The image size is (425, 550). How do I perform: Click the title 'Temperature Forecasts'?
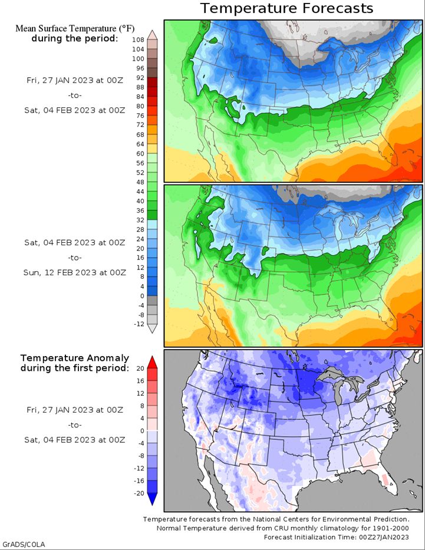pos(286,8)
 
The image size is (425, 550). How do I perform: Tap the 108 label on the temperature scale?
pos(138,40)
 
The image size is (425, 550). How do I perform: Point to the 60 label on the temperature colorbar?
pos(140,154)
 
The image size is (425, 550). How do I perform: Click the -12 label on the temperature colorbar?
pos(139,324)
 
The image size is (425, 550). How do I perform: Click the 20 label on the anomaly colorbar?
pos(140,368)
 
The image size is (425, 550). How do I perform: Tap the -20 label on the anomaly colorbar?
pos(139,493)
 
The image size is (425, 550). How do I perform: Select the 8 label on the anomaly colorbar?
pos(142,406)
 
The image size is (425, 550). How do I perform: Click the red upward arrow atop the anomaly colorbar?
pos(152,363)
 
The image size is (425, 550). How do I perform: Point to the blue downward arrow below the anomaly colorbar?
pos(152,499)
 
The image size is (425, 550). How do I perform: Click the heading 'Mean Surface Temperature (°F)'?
pos(75,28)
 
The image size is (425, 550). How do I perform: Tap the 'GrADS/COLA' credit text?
pos(24,544)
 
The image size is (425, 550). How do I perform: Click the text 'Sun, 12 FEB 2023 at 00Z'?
pos(75,272)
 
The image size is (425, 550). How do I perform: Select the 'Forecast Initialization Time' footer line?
pos(336,537)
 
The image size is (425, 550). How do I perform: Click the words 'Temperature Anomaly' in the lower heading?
pos(75,358)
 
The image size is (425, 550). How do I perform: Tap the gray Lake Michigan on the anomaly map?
pos(338,393)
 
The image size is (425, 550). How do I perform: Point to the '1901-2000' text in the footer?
pos(393,528)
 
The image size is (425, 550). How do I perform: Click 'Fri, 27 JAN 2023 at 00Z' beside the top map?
pos(75,80)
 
